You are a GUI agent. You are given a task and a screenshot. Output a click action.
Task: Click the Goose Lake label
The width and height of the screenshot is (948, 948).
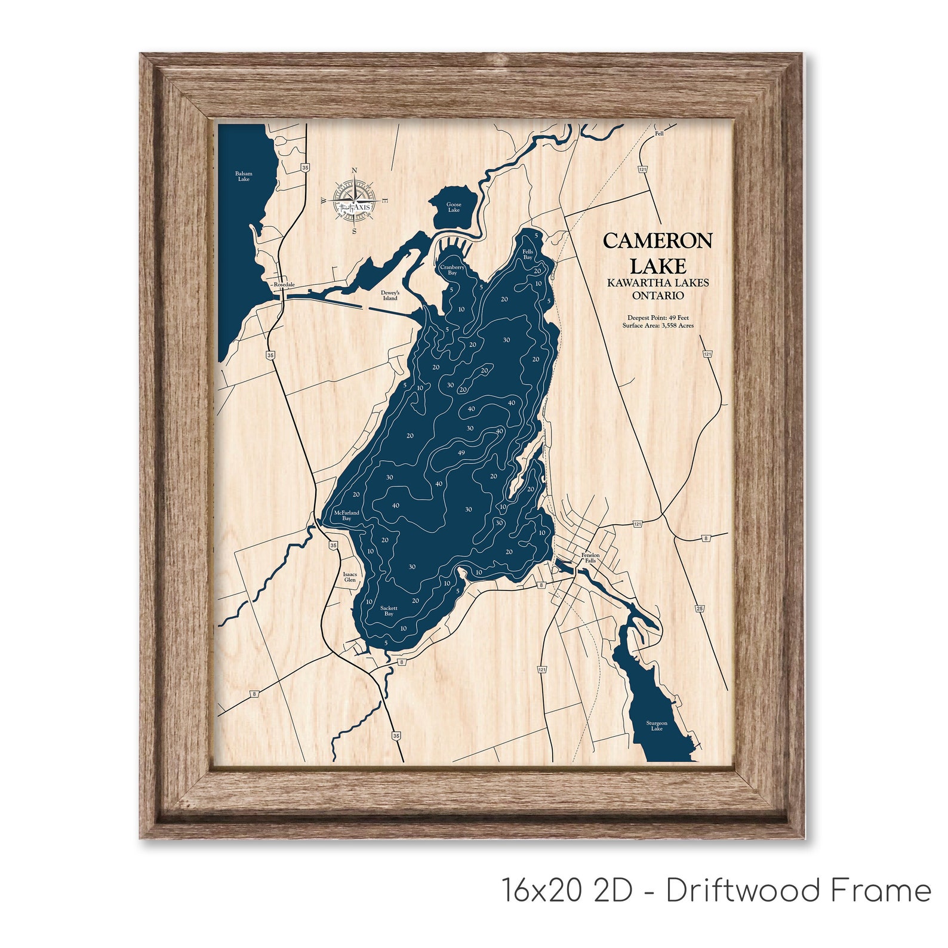454,207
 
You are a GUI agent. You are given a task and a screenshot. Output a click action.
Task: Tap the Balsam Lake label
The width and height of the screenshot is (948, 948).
244,176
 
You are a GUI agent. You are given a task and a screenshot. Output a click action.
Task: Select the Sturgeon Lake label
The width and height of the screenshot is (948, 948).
657,726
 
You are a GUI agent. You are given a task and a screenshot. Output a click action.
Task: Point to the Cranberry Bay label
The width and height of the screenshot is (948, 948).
453,270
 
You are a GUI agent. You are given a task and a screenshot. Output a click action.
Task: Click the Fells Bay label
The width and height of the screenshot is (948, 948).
528,254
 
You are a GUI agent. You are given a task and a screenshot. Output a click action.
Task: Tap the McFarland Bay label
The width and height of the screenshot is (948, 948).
346,515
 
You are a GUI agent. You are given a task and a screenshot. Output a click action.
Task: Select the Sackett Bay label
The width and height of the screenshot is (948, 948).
389,611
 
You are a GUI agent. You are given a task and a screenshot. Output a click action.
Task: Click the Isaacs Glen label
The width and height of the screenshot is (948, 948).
350,577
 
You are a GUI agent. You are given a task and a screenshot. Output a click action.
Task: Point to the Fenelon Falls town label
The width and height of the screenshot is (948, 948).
590,558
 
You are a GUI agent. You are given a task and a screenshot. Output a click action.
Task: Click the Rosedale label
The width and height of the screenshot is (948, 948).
284,285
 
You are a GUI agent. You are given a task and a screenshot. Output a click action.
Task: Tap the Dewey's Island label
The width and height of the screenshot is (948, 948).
390,296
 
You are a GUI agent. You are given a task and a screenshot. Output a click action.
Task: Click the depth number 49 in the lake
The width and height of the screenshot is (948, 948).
461,453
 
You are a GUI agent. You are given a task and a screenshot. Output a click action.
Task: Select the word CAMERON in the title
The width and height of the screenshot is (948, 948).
657,241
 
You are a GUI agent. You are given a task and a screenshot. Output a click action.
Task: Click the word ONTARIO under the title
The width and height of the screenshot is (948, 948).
658,296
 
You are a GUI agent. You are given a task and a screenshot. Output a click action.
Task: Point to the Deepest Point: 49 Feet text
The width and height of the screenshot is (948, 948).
658,318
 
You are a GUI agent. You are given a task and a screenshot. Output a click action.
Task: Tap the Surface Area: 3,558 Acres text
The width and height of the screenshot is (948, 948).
658,326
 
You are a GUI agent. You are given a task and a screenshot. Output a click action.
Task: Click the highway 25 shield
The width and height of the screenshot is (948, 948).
699,608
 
